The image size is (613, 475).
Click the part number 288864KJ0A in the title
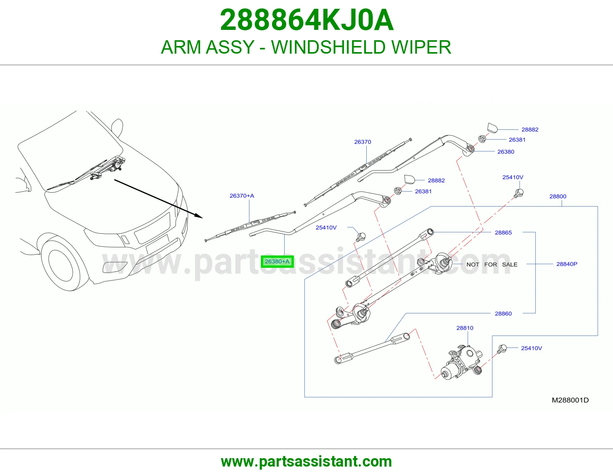pyautogui.click(x=306, y=20)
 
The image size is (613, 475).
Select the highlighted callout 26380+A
pyautogui.click(x=277, y=262)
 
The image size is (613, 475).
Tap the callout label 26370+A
pyautogui.click(x=242, y=196)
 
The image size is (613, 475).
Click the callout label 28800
pyautogui.click(x=558, y=196)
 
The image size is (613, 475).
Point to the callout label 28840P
pyautogui.click(x=567, y=264)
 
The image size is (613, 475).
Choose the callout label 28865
pyautogui.click(x=503, y=233)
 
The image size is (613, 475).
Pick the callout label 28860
pyautogui.click(x=503, y=313)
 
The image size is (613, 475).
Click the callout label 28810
pyautogui.click(x=465, y=328)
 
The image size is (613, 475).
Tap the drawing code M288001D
pyautogui.click(x=570, y=400)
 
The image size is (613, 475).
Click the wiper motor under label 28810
pyautogui.click(x=462, y=362)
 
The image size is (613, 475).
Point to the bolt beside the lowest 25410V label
pyautogui.click(x=502, y=349)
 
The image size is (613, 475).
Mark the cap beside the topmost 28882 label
pyautogui.click(x=492, y=128)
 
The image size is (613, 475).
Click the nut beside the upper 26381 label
pyautogui.click(x=482, y=139)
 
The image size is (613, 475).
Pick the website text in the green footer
pyautogui.click(x=306, y=462)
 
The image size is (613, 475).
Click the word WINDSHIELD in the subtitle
pyautogui.click(x=328, y=47)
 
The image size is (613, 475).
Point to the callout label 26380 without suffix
pyautogui.click(x=506, y=152)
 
